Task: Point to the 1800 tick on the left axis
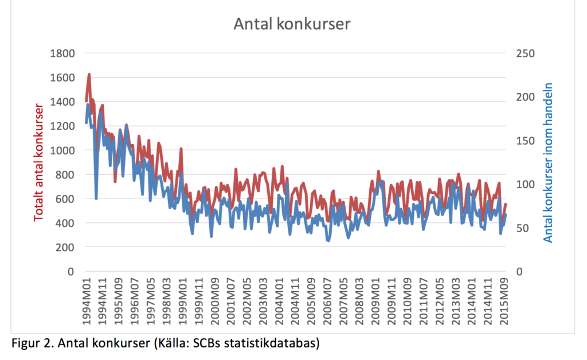point(64,53)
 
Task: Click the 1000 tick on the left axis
point(64,150)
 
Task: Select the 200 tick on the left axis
point(66,247)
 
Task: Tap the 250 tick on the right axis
point(524,53)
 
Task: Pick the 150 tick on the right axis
point(524,140)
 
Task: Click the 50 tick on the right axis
point(522,228)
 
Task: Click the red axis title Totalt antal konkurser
point(40,163)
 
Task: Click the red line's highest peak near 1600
point(89,75)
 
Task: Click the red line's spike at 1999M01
point(181,149)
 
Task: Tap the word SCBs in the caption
point(206,343)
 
